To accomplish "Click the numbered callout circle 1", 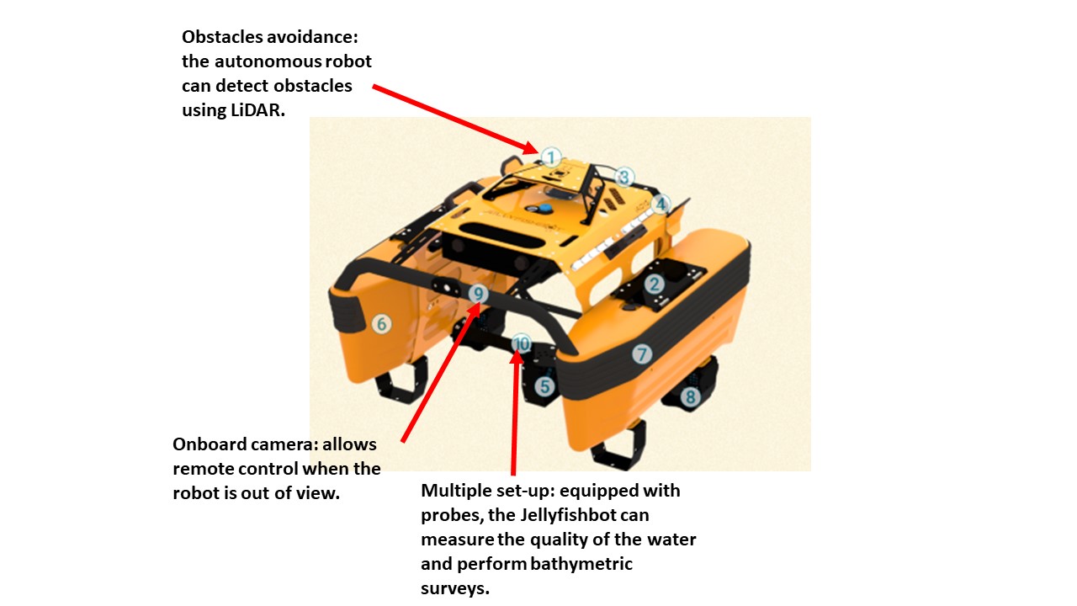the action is [551, 157].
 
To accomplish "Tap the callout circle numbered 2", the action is [654, 284].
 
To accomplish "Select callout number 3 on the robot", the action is [624, 177].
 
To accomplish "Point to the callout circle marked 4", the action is [661, 204].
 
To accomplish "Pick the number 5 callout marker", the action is [544, 386].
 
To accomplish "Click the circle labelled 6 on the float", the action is [382, 324].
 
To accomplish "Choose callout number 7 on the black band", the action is [642, 354].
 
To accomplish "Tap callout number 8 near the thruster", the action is [691, 396].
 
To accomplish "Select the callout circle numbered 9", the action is [479, 294].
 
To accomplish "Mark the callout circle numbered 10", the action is [521, 344].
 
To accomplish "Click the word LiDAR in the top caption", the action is [257, 110].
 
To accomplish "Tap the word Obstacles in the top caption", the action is [222, 37].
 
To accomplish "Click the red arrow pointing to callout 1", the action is [456, 120].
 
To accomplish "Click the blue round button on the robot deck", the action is [544, 208].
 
